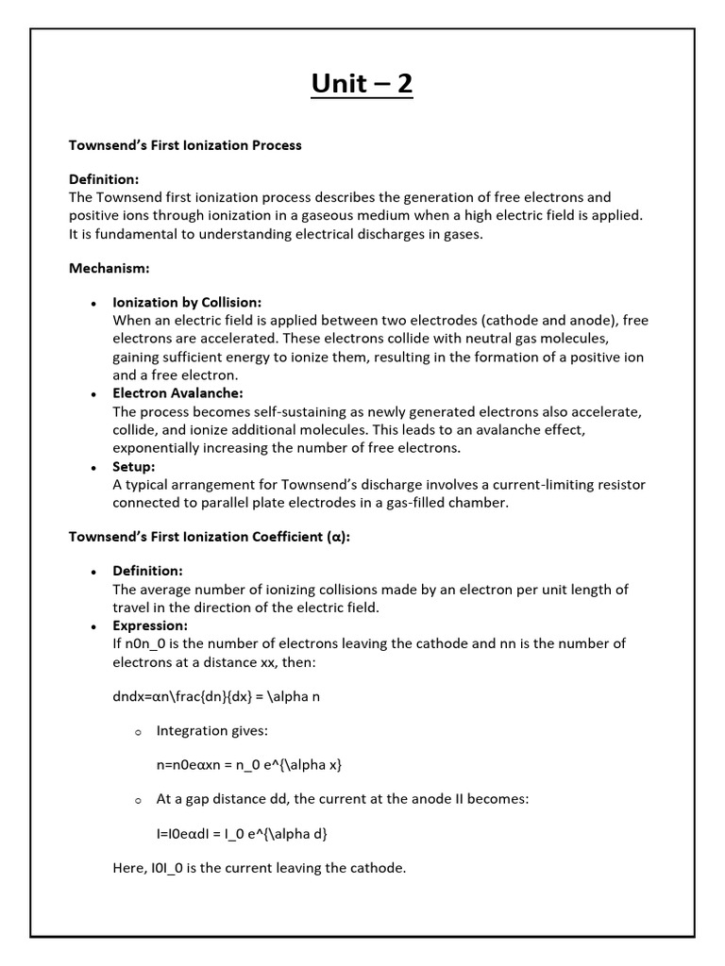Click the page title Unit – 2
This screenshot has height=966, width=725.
362,84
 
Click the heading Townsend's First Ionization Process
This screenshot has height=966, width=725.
185,145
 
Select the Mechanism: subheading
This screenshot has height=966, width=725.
110,268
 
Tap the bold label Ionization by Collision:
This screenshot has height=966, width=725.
187,303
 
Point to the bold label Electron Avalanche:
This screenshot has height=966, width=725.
177,393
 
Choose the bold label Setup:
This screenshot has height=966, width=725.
134,466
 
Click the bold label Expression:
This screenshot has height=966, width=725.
150,625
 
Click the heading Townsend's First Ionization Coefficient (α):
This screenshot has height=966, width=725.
210,537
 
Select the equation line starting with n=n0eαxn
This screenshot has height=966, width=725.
242,765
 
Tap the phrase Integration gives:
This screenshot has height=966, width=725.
205,731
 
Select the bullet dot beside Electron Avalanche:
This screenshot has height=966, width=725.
93,394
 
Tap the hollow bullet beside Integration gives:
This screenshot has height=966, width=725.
137,732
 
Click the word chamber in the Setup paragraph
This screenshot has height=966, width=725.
480,503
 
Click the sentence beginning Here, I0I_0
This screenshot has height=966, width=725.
259,868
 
